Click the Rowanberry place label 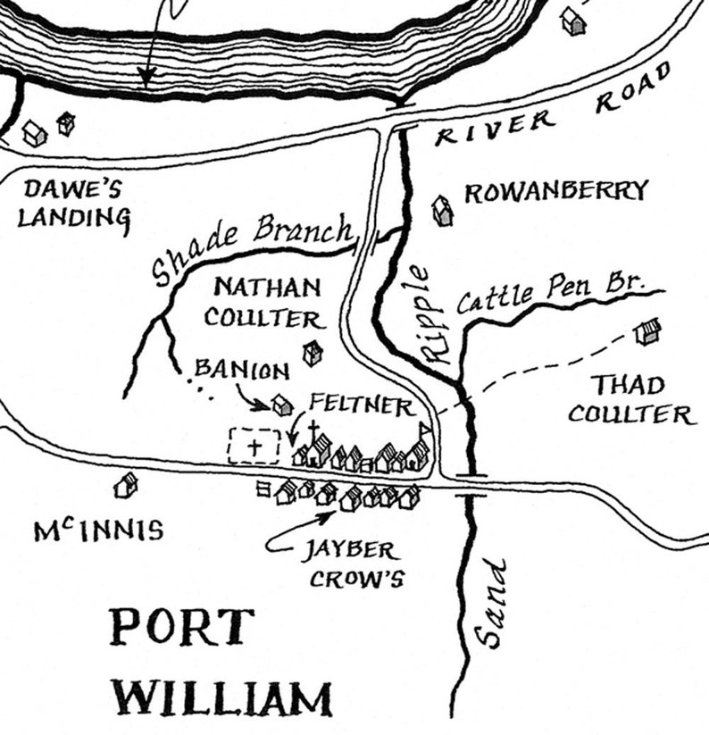pyautogui.click(x=555, y=192)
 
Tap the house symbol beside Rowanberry pyautogui.click(x=442, y=212)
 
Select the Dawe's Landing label pyautogui.click(x=74, y=204)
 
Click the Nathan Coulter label pyautogui.click(x=266, y=303)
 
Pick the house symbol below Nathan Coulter pyautogui.click(x=312, y=353)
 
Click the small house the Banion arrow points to pyautogui.click(x=283, y=405)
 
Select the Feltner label pyautogui.click(x=361, y=405)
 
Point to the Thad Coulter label pyautogui.click(x=630, y=400)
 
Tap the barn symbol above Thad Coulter pyautogui.click(x=646, y=333)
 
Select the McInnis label pyautogui.click(x=99, y=531)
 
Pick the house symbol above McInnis pyautogui.click(x=126, y=486)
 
